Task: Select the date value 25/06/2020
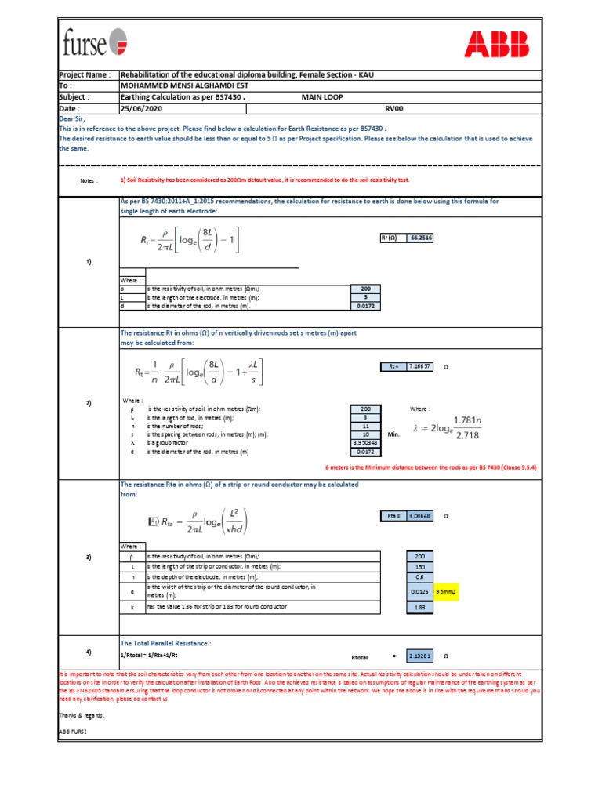point(140,109)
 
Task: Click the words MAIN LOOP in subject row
point(324,97)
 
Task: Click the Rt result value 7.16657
point(419,365)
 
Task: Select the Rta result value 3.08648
point(419,516)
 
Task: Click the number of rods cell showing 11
point(365,426)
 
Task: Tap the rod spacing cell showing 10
point(365,434)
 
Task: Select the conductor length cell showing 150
point(419,566)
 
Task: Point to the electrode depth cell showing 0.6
point(419,576)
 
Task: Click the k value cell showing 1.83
point(419,607)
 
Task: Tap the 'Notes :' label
point(89,180)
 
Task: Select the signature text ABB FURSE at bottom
point(73,731)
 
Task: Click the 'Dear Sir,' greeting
point(75,120)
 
